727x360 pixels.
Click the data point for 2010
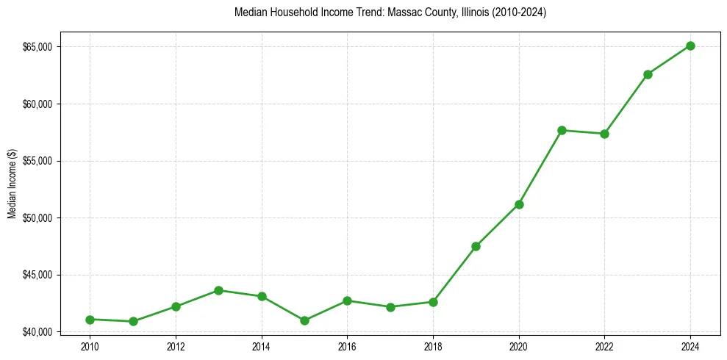coord(90,320)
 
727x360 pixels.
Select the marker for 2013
coord(218,290)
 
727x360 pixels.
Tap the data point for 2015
coord(304,320)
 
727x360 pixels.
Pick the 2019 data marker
coord(476,246)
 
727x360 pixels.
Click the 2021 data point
coord(562,130)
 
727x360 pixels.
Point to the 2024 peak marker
coord(690,46)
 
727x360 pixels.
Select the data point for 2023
coord(648,74)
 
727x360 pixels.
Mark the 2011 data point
coord(133,321)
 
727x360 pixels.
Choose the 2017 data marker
coord(390,307)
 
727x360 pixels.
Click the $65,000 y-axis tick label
coord(38,47)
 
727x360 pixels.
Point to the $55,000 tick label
coord(38,161)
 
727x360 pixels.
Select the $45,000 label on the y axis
coord(38,275)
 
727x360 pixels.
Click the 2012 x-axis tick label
coord(176,346)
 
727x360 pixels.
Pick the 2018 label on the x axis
coord(433,346)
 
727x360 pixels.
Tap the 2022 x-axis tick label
coord(604,346)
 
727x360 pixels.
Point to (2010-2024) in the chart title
coord(520,12)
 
